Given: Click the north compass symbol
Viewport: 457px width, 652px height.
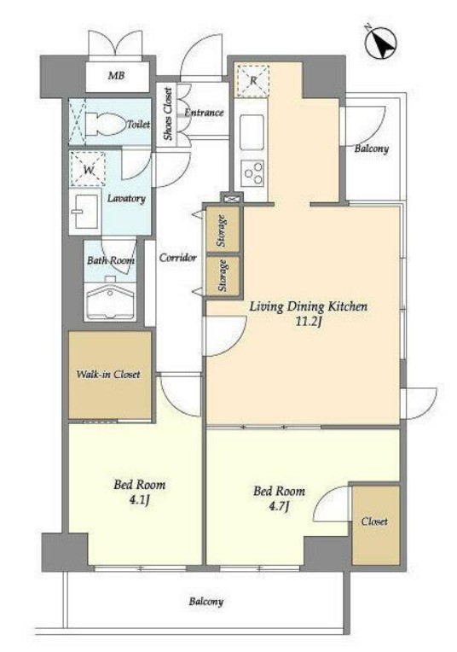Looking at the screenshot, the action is click(381, 43).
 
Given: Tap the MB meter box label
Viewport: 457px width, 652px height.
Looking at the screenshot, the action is click(116, 76).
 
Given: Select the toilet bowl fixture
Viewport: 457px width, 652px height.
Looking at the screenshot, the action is click(106, 124).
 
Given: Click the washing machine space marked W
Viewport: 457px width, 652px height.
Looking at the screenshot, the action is click(88, 169).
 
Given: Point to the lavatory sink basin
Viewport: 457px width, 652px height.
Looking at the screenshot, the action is click(84, 211).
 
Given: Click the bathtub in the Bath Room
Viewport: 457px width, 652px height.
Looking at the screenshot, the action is click(110, 298).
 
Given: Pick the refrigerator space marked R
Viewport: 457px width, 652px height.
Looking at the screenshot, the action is click(253, 80).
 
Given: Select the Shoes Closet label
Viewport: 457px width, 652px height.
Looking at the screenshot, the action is click(167, 114).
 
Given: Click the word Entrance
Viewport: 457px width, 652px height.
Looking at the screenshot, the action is click(204, 113).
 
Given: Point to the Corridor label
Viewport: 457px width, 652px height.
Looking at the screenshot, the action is click(178, 258).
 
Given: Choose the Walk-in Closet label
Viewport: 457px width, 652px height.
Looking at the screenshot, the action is click(108, 375).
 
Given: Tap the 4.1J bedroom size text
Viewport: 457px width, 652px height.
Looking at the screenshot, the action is click(139, 499).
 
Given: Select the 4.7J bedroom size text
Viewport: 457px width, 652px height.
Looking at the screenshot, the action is click(279, 506).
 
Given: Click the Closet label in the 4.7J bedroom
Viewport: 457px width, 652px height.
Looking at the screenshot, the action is click(374, 521).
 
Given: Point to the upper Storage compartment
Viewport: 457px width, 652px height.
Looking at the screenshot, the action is click(223, 230).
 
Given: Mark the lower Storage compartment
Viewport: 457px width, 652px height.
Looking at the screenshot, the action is click(223, 276).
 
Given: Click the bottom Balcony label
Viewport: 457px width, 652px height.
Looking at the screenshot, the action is click(206, 602).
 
